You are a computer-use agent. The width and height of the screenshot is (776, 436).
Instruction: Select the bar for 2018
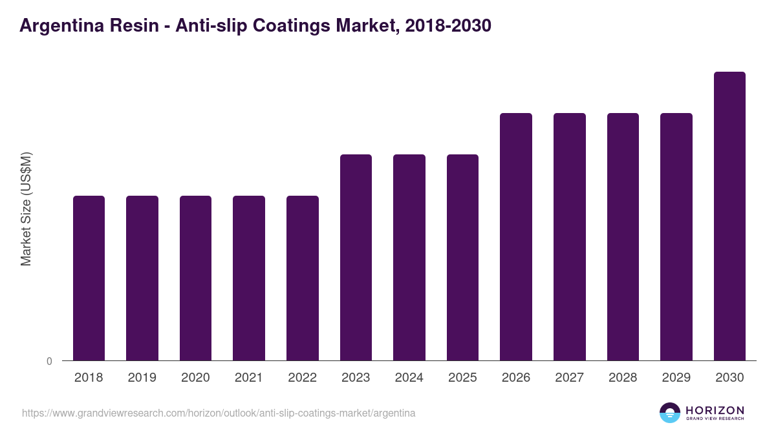(x=89, y=278)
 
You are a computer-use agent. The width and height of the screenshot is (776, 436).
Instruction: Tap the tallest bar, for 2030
(x=729, y=216)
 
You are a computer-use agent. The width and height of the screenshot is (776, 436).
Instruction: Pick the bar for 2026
(x=516, y=236)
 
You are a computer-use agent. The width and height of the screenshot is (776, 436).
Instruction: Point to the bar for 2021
(x=249, y=278)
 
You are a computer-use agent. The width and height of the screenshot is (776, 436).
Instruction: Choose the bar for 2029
(x=676, y=236)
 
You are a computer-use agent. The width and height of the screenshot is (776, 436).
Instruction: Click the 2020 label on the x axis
(x=195, y=378)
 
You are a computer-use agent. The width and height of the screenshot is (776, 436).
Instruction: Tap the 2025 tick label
(x=462, y=378)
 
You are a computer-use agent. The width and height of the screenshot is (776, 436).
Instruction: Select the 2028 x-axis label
(x=623, y=378)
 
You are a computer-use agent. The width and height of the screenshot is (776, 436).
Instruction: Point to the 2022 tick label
(x=302, y=378)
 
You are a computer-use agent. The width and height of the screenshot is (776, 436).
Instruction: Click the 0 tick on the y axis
(x=50, y=362)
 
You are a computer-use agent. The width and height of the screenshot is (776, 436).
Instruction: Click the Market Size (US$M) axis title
(x=26, y=209)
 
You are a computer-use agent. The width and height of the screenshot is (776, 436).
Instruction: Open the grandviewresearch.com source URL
(x=219, y=413)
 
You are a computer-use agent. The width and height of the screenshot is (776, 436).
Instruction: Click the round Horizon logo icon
(x=670, y=413)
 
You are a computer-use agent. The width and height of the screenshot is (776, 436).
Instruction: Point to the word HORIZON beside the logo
(x=715, y=410)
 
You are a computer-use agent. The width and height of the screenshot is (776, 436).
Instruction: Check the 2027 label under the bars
(x=569, y=378)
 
